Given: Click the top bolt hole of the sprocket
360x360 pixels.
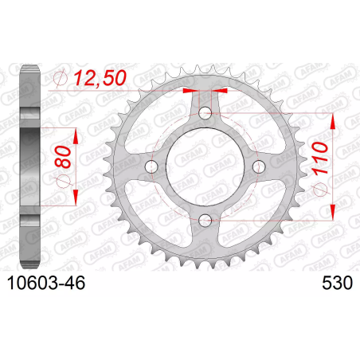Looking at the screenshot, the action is point(205,113).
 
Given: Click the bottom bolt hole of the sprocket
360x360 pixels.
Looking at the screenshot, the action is point(205,220).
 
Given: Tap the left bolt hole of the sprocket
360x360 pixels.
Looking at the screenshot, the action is point(151,166).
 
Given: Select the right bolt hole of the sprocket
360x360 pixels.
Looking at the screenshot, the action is point(259,166).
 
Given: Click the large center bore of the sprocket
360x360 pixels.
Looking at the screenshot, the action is point(205,166).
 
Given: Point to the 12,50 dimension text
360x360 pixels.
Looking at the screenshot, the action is point(100,78).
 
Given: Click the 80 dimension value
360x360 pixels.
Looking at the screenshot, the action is point(63,157).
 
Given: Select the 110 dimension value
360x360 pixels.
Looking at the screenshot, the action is point(320,158).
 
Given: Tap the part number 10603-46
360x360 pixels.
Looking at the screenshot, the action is point(46,283).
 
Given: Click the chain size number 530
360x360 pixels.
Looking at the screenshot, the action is point(337,283).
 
